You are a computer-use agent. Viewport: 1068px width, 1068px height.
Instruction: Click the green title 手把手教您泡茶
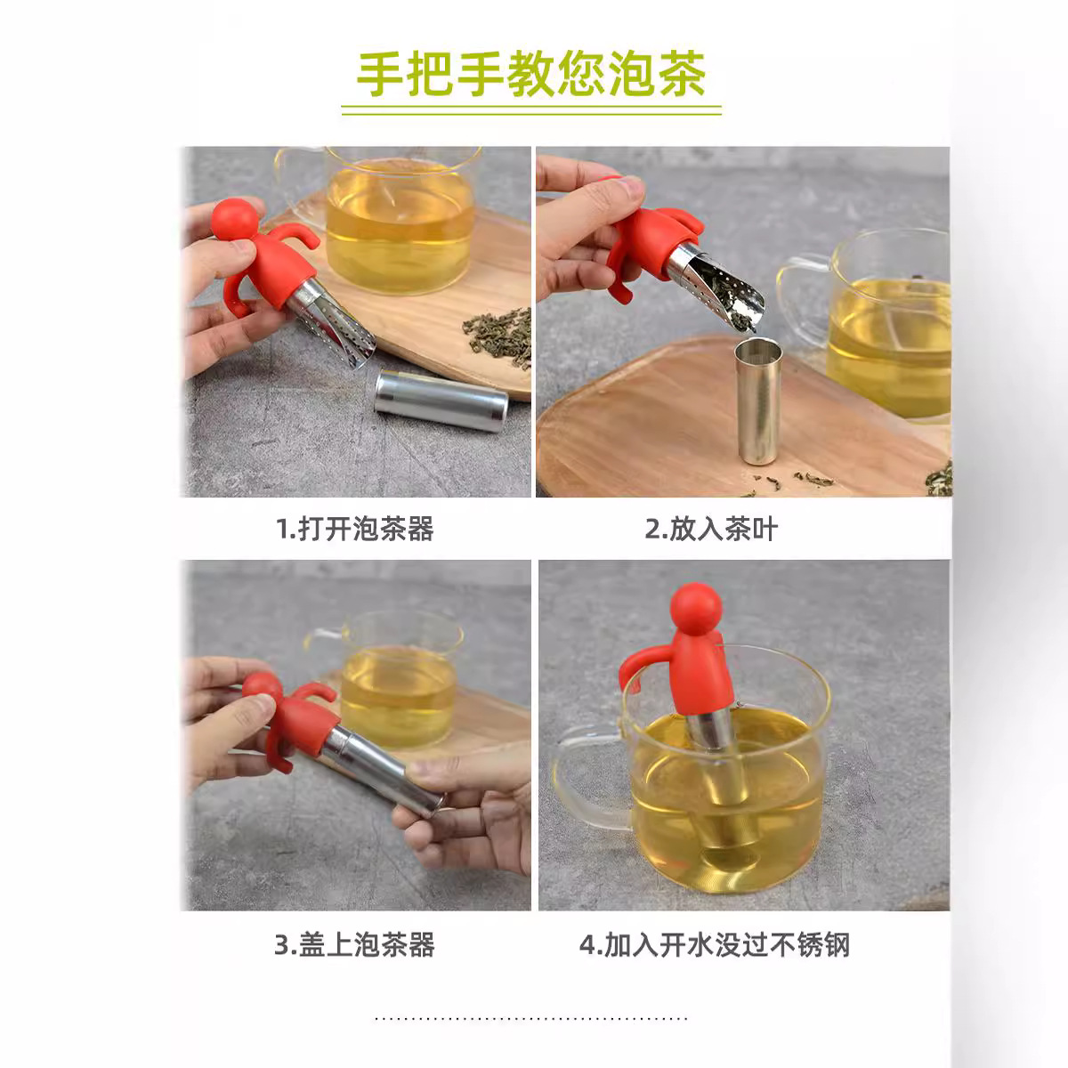click(531, 74)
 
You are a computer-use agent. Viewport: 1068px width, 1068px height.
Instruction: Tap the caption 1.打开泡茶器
click(355, 529)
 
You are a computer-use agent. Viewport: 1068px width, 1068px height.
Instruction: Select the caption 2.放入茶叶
click(711, 529)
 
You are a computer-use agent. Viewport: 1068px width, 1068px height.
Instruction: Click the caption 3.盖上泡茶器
click(354, 943)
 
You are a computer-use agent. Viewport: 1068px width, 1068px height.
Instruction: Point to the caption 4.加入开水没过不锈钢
click(715, 943)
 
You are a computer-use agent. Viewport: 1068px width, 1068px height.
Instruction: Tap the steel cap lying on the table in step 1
click(440, 400)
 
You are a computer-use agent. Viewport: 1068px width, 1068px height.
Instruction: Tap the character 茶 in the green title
click(683, 74)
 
